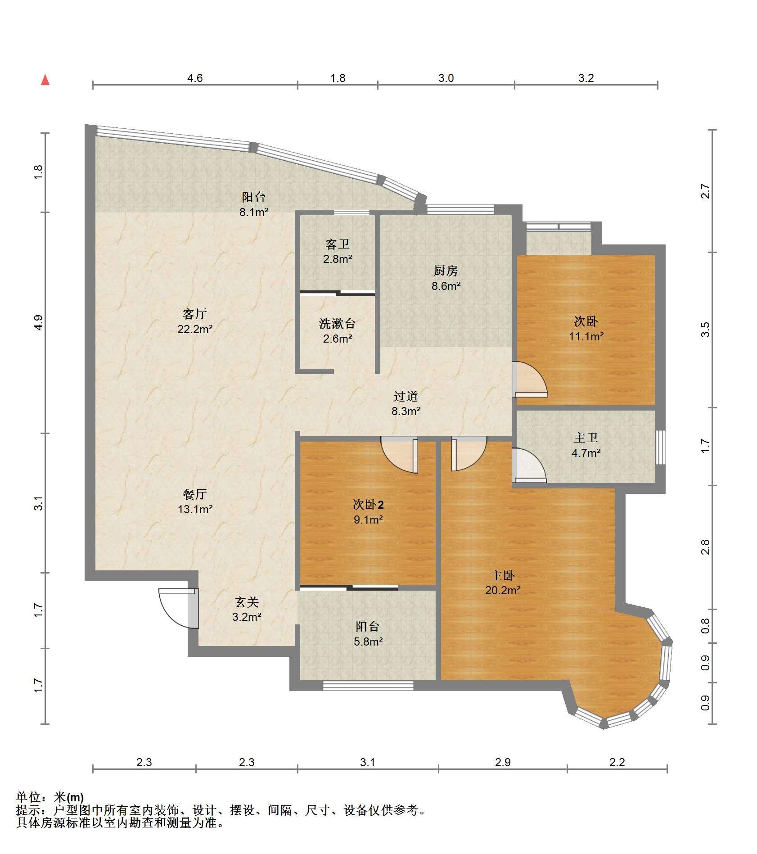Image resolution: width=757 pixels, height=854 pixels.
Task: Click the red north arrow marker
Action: pos(45,80)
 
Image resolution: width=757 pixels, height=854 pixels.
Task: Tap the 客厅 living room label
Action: pos(195,313)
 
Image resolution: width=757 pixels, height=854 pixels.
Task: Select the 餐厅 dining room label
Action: pos(195,494)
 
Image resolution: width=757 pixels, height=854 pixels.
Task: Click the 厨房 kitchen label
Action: pos(446,271)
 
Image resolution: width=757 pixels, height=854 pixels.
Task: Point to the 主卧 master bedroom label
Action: pos(503,575)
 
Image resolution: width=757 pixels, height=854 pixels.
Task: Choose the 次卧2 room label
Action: pos(368,505)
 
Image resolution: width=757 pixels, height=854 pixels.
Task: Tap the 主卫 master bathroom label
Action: pos(586,438)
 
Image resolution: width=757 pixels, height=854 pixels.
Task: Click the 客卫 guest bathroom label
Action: pos(338,244)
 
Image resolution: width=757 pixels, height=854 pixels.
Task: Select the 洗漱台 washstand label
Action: pos(338,323)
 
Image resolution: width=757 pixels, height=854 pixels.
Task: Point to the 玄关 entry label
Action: pos(247,602)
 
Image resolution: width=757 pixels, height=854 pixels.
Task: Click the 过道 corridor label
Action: pos(406,396)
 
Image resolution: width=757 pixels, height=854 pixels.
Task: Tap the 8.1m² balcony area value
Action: pos(254,212)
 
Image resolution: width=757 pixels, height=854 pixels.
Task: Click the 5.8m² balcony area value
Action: pos(368,642)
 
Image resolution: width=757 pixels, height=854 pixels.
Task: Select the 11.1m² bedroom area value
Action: pos(586,336)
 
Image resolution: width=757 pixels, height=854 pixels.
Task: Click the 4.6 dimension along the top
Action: pos(195,78)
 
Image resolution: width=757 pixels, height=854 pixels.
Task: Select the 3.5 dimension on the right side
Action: pos(706,330)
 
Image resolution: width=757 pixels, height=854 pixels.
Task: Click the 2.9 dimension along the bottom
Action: pos(503,762)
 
